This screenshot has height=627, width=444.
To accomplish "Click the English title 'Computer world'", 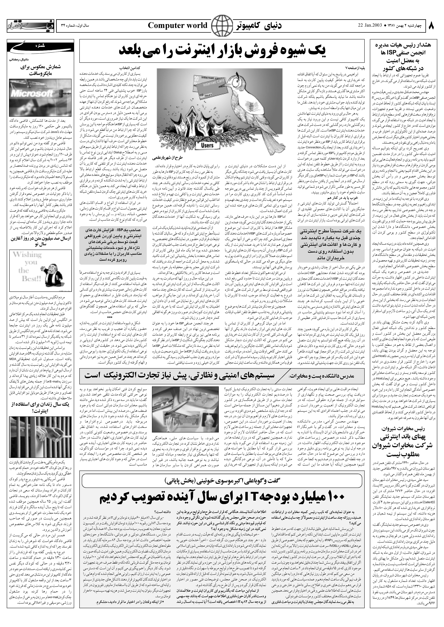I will tap(178, 26).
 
